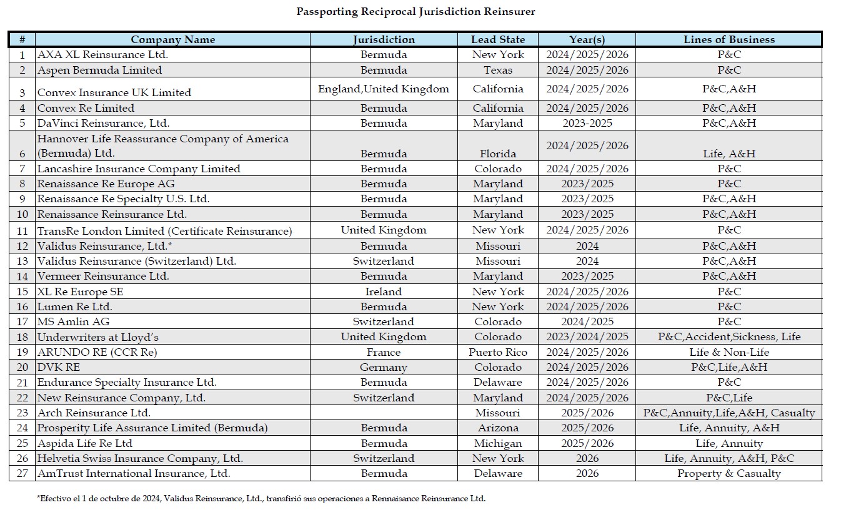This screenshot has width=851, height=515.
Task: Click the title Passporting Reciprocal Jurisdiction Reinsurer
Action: point(416,12)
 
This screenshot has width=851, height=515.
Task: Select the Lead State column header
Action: point(497,39)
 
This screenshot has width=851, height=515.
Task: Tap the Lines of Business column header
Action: point(729,39)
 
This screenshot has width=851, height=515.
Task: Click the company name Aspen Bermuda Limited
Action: point(99,70)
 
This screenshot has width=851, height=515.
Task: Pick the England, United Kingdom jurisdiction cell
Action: point(383,89)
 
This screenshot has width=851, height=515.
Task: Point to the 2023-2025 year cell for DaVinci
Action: point(587,123)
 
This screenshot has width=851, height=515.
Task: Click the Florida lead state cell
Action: point(497,154)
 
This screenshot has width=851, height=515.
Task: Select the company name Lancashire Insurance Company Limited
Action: point(139,169)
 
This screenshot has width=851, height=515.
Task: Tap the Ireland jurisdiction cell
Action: point(383,292)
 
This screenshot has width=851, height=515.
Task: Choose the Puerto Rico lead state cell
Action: point(497,352)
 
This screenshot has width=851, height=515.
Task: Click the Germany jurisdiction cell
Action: point(383,367)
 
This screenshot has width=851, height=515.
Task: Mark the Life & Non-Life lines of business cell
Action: point(729,352)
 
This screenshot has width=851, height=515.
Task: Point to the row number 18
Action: point(22,337)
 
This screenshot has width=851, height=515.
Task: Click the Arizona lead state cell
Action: point(497,428)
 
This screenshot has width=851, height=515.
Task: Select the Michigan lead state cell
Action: point(497,443)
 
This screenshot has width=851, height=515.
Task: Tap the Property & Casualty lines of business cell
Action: point(729,473)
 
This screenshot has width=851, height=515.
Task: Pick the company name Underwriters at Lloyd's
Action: point(98,337)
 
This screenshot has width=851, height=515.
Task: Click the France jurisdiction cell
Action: point(383,352)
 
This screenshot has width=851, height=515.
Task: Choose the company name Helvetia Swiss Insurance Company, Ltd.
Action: point(140,458)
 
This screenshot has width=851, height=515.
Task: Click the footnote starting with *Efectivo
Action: point(261,498)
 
